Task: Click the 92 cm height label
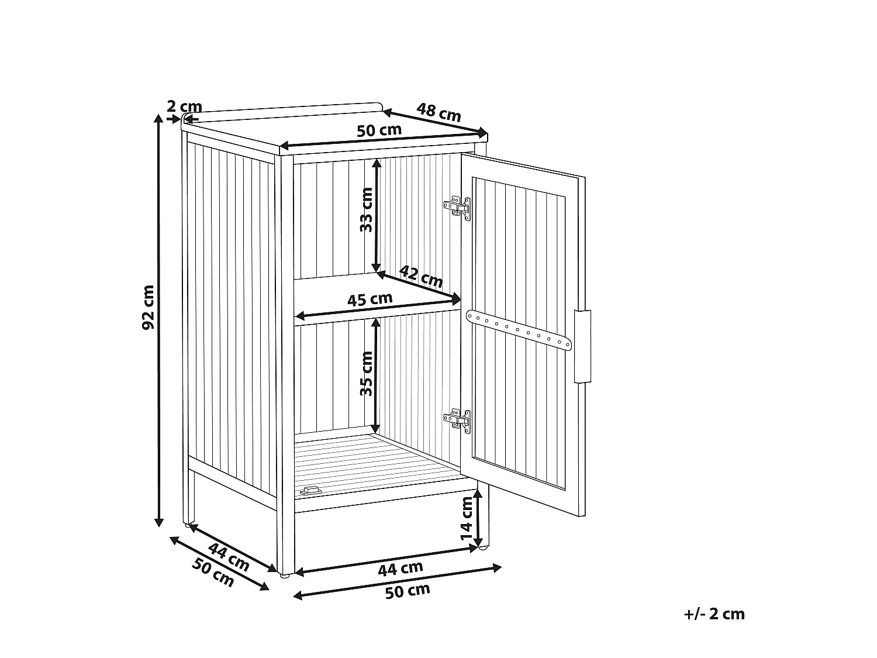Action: (x=148, y=307)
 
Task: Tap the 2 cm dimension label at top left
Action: (x=184, y=106)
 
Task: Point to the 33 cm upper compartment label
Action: (x=366, y=210)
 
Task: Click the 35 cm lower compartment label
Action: (x=366, y=374)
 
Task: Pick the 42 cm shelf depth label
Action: (x=421, y=276)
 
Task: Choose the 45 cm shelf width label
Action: (x=370, y=299)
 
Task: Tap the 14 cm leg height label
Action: (x=466, y=519)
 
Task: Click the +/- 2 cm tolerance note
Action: (x=714, y=614)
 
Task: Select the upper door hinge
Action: (x=458, y=208)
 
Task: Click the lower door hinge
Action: (x=458, y=421)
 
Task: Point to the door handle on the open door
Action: (x=582, y=346)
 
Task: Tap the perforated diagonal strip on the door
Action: (x=519, y=330)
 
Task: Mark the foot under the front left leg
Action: (x=284, y=576)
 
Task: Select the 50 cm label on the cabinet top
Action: (x=379, y=130)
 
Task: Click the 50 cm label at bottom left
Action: (x=213, y=572)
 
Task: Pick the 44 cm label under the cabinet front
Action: (x=400, y=569)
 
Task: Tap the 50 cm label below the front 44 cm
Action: (x=408, y=591)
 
